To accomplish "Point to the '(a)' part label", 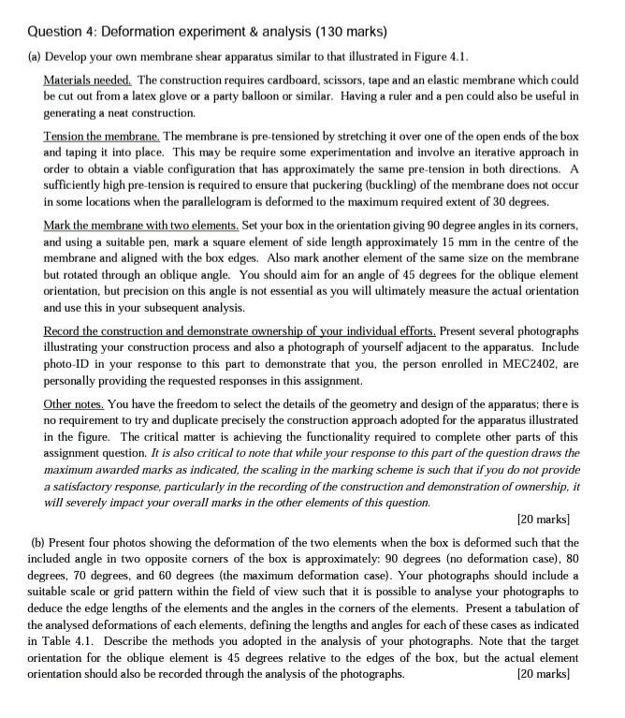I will pos(30,44).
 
